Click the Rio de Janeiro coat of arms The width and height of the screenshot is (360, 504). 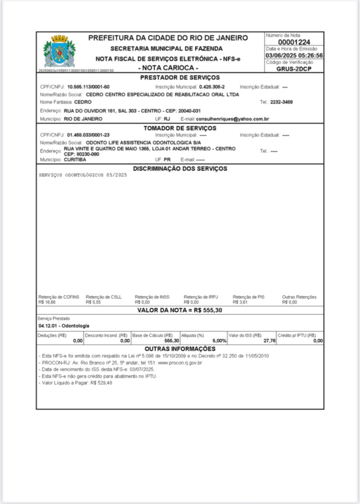[x=60, y=51]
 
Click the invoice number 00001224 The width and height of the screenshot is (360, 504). [x=294, y=42]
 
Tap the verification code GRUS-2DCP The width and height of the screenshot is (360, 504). [x=294, y=69]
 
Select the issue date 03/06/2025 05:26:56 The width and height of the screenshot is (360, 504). [x=294, y=56]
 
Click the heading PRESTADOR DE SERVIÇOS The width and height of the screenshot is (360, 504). [x=180, y=77]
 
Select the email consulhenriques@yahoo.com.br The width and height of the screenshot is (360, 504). [x=232, y=119]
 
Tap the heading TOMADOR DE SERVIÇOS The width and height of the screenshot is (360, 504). [x=180, y=128]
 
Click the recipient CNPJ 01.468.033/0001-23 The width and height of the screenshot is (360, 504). [x=88, y=135]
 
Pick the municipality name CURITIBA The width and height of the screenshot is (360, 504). [x=75, y=160]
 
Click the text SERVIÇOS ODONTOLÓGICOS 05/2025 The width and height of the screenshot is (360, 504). [x=83, y=176]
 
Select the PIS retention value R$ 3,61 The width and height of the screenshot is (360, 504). [x=240, y=302]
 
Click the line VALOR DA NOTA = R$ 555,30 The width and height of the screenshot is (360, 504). [x=180, y=310]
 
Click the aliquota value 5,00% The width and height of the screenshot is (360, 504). [x=219, y=341]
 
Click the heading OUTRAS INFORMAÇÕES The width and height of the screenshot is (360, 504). [x=180, y=349]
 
